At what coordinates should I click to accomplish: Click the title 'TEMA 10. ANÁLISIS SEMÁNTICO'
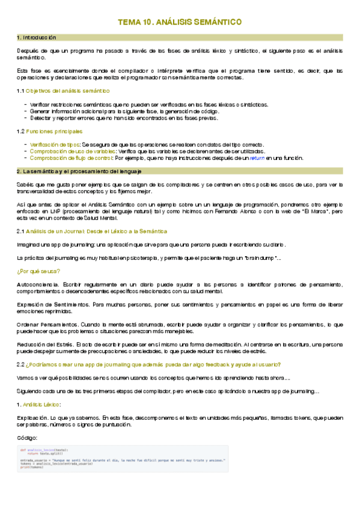[180, 22]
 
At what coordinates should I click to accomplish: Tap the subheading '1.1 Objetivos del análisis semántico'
[63, 91]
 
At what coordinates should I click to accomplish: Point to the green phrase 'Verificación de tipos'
[54, 145]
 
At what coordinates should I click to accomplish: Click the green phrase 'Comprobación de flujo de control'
[70, 158]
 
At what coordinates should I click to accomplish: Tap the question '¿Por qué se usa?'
[38, 271]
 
